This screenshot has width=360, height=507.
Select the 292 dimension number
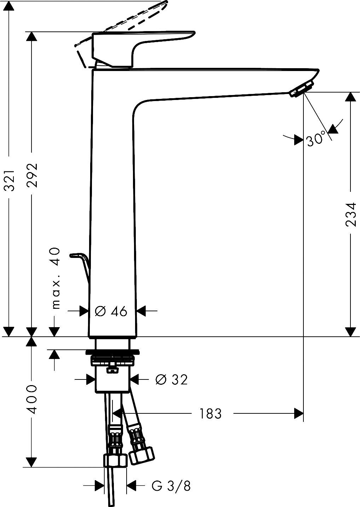(32, 175)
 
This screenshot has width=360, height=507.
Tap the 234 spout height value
(350, 214)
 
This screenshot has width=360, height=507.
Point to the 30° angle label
(315, 139)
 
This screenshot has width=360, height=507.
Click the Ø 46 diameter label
(111, 311)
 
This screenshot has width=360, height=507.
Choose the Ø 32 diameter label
(172, 379)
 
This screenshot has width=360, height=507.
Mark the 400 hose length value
(32, 399)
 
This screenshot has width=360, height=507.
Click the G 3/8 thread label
(171, 487)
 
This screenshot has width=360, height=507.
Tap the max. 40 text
(56, 278)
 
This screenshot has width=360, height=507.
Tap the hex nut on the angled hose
(141, 455)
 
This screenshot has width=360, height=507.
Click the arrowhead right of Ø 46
(141, 311)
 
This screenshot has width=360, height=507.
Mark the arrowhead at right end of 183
(299, 413)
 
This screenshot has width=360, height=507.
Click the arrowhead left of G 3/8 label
(100, 486)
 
